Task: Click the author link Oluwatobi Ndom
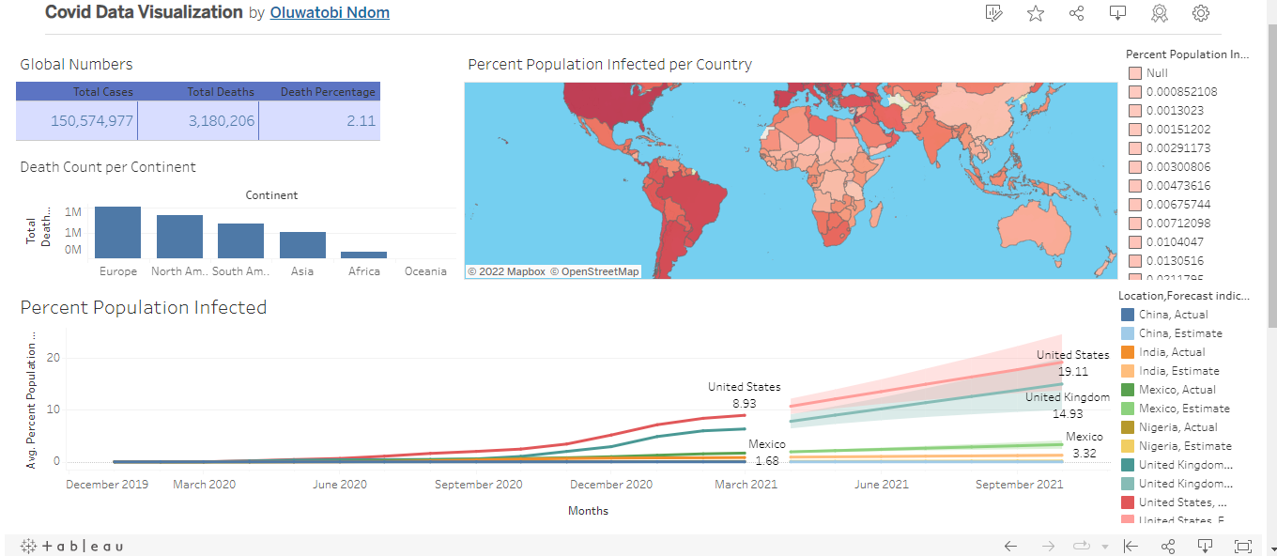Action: [x=329, y=13]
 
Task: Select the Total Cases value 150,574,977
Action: [x=92, y=120]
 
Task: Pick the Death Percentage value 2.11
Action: [x=361, y=120]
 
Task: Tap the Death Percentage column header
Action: [x=328, y=92]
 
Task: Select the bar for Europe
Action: [x=117, y=233]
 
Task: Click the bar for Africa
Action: [x=363, y=255]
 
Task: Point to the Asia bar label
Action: [x=302, y=271]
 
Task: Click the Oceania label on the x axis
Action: [x=425, y=271]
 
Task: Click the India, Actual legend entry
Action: [x=1172, y=352]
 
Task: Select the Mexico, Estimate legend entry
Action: [x=1183, y=409]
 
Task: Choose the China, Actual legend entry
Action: [x=1173, y=315]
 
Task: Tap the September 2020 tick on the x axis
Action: [x=477, y=485]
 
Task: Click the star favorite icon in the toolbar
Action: [x=1036, y=13]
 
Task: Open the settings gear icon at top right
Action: [x=1200, y=13]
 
